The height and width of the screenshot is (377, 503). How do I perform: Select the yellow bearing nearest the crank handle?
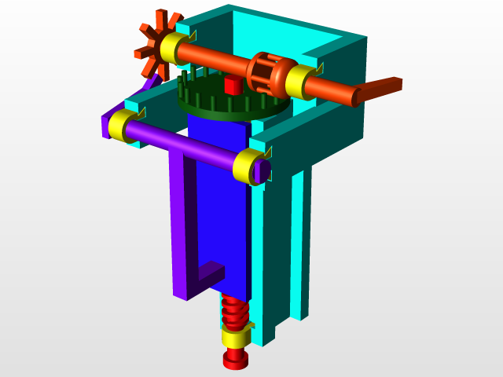click(x=299, y=82)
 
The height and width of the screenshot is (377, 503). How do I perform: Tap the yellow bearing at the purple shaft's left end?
click(x=121, y=126)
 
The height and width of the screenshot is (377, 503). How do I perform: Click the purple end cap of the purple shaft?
click(x=265, y=170)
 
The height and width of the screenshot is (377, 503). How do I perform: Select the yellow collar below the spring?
click(x=236, y=338)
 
